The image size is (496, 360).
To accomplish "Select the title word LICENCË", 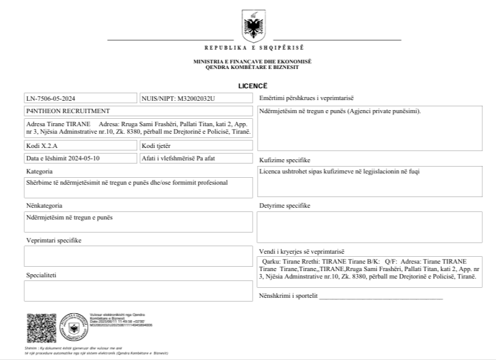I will click(252, 85).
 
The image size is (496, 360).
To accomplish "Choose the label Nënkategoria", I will click(44, 205).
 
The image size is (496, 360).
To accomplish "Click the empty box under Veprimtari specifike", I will click(138, 256).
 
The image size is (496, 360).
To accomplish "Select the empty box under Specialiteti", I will click(138, 290).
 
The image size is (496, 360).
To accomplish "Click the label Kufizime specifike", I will click(284, 160).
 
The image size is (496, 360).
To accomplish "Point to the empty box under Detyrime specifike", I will click(370, 227).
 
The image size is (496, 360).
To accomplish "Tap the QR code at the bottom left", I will click(40, 328).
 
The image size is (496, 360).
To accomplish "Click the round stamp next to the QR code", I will click(73, 328).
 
